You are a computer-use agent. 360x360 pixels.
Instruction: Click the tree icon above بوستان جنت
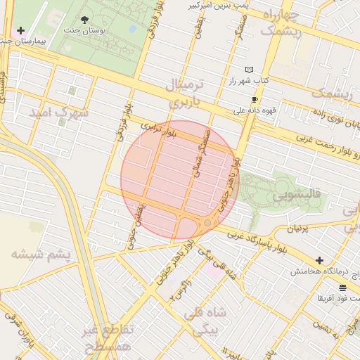(x=85, y=20)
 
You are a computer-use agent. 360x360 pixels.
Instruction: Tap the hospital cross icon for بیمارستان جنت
(x=20, y=31)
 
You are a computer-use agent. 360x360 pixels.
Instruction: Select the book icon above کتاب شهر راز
(x=248, y=70)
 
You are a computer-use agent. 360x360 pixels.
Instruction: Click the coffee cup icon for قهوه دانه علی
(x=255, y=100)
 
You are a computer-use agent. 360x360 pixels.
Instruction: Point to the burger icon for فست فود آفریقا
(x=342, y=288)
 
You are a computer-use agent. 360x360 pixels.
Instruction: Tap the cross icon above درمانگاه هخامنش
(x=320, y=260)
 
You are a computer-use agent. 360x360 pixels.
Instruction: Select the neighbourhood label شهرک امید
(x=58, y=112)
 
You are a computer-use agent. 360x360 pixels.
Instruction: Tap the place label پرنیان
(x=298, y=229)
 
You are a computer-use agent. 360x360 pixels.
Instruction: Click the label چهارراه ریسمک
(x=281, y=23)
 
